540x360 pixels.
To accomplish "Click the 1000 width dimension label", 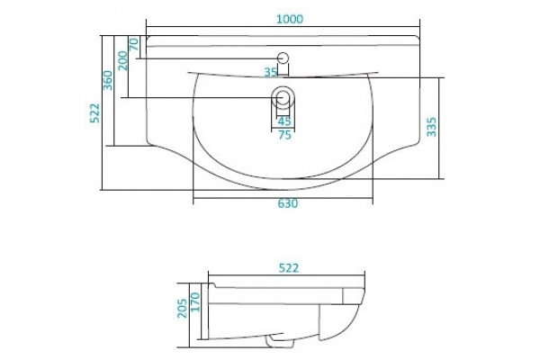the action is click(x=290, y=19).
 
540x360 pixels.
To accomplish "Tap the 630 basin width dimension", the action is click(x=288, y=203).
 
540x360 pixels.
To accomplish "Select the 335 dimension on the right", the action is click(x=431, y=127).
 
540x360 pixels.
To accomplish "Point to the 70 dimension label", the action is click(x=133, y=44).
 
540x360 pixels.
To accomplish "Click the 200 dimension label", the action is click(x=123, y=60).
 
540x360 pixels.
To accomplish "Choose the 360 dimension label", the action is click(x=108, y=80).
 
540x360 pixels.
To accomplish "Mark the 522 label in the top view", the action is click(x=94, y=113).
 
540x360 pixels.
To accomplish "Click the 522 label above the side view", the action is click(x=289, y=268).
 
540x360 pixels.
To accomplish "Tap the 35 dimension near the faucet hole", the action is click(x=271, y=72).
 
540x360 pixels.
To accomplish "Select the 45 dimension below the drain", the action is click(x=284, y=121).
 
